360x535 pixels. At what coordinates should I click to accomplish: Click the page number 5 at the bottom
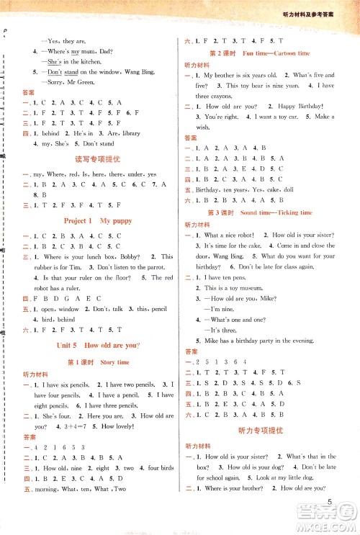[x=328, y=502]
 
